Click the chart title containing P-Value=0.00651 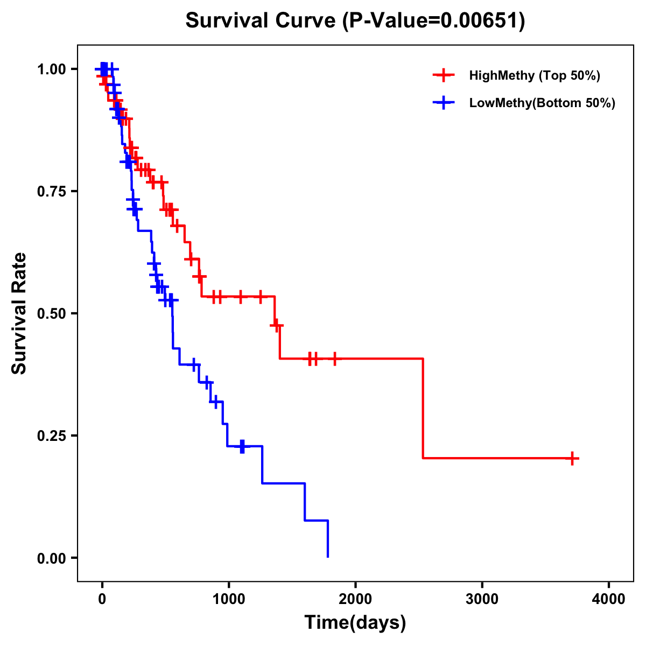(x=355, y=20)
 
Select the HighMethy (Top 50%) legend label (x=534, y=75)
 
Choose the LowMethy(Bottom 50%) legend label (x=542, y=103)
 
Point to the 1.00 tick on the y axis (x=52, y=69)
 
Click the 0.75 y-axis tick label (x=52, y=191)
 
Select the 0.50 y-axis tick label (x=52, y=313)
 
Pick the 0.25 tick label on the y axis (x=52, y=436)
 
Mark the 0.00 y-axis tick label (x=52, y=558)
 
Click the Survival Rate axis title (x=19, y=313)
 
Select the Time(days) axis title (x=355, y=623)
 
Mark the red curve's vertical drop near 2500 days (x=423, y=408)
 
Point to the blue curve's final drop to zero (x=328, y=538)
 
